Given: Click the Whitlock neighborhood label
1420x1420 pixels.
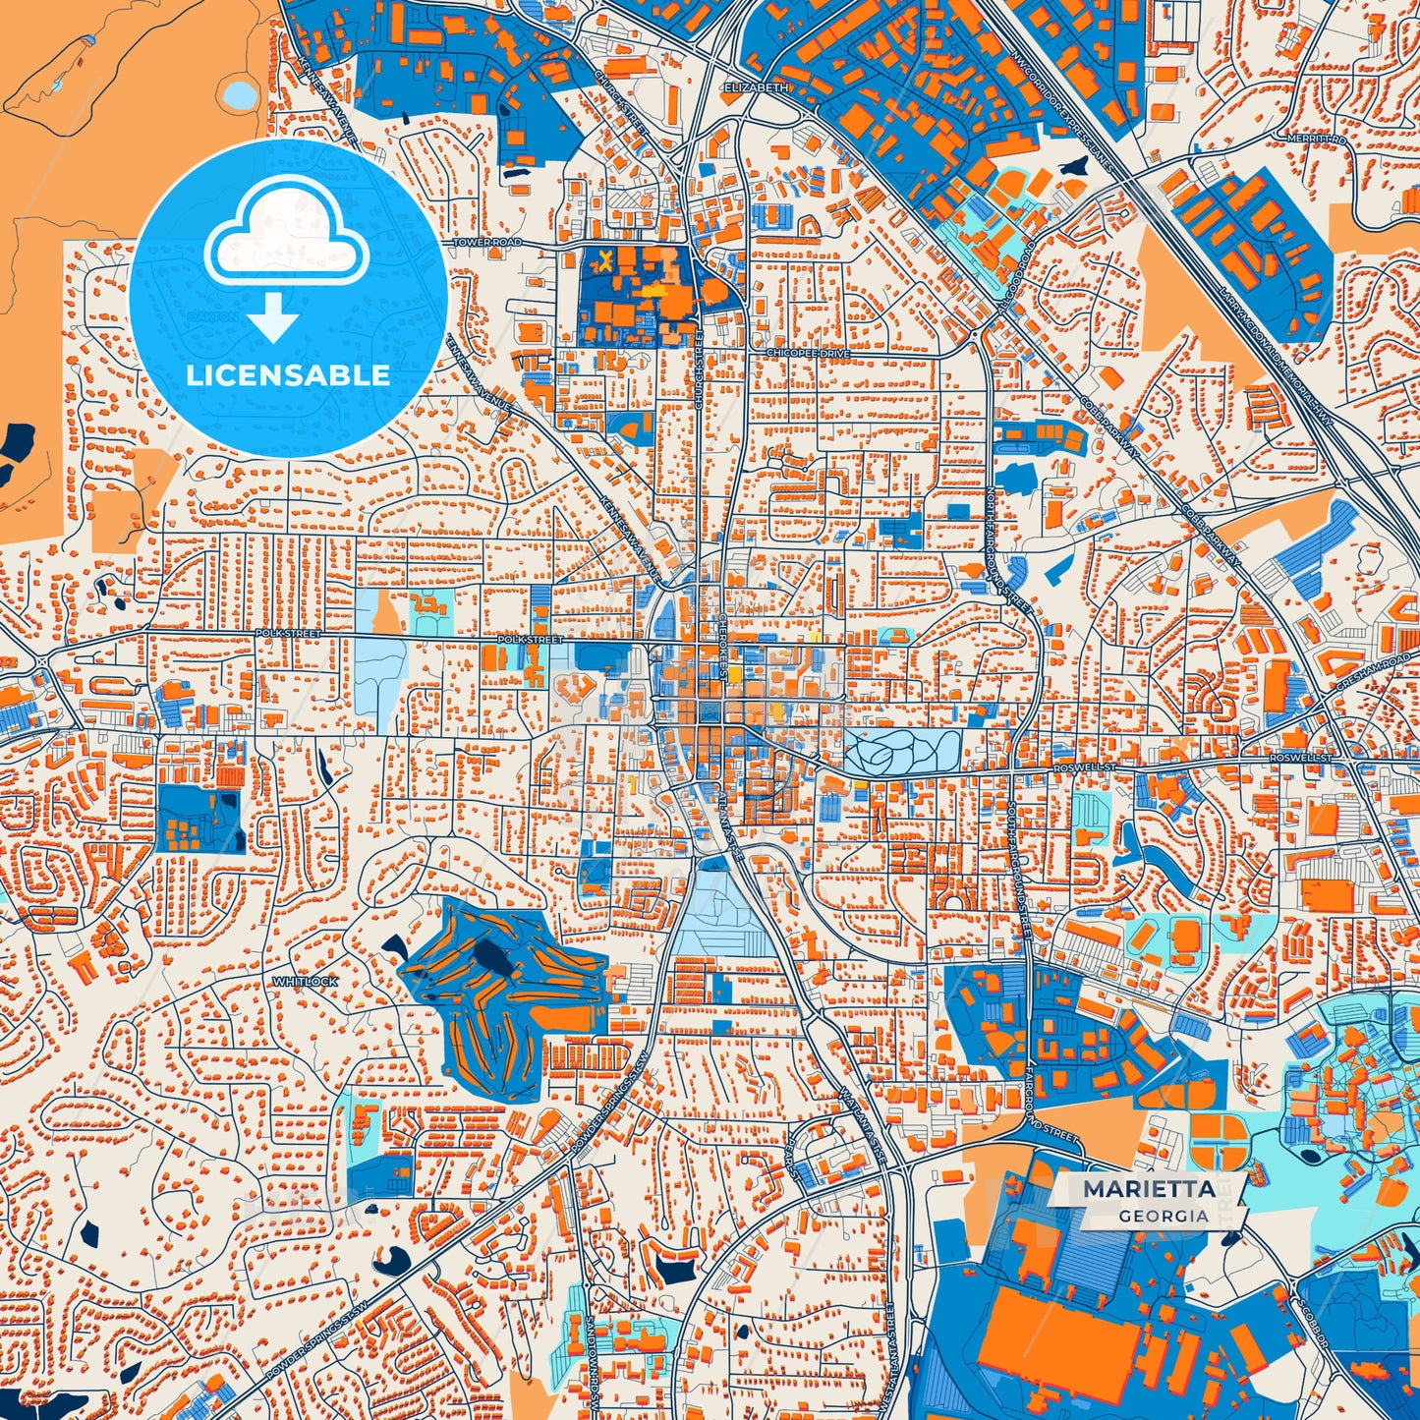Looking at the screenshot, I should tap(306, 981).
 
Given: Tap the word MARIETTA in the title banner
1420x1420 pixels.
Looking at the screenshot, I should tap(1147, 1189).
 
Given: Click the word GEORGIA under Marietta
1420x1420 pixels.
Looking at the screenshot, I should tap(1163, 1216).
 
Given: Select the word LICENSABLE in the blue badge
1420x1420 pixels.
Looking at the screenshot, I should tap(288, 375).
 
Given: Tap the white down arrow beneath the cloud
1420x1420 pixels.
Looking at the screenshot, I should tap(274, 318).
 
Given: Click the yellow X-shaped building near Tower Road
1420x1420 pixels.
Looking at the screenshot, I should tap(607, 260).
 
